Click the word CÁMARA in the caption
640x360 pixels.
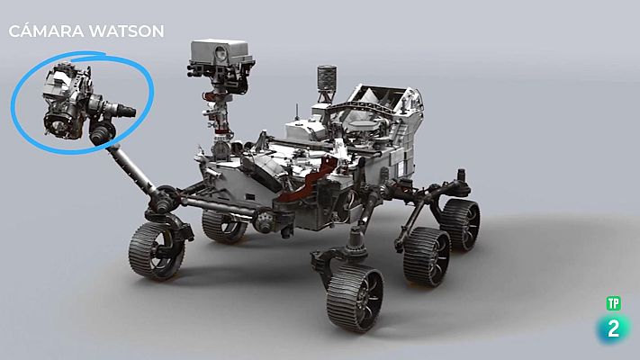click(45, 31)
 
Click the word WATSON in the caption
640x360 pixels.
click(126, 31)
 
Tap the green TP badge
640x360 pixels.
click(613, 303)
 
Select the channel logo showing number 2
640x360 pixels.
click(613, 328)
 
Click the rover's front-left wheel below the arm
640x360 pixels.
click(157, 251)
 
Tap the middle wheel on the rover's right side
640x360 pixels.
click(427, 257)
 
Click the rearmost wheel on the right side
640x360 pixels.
click(460, 224)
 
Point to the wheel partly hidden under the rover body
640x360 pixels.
click(223, 226)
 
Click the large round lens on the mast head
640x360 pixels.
click(221, 53)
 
